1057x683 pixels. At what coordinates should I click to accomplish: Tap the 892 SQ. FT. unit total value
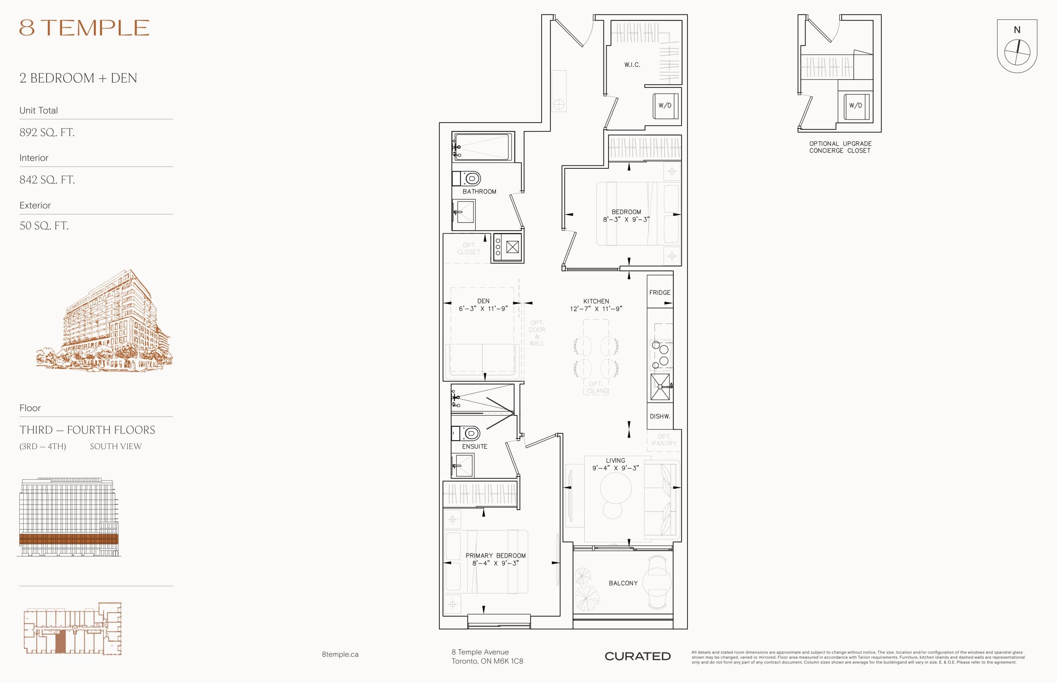click(x=47, y=132)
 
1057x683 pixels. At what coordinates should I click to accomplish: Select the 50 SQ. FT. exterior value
click(x=44, y=226)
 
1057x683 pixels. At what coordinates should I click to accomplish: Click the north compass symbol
click(x=1017, y=52)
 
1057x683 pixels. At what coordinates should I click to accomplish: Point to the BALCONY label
click(x=623, y=583)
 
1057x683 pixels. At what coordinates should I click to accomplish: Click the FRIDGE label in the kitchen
click(x=660, y=293)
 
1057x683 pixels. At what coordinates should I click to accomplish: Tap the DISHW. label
click(x=660, y=417)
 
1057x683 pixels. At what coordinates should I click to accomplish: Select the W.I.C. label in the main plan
click(x=632, y=65)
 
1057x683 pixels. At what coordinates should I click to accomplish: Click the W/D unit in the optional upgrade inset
click(x=856, y=106)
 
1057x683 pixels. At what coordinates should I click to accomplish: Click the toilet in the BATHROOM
click(x=472, y=179)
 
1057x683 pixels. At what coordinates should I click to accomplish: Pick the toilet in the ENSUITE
click(x=471, y=433)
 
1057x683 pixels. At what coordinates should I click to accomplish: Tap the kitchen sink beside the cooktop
click(x=660, y=387)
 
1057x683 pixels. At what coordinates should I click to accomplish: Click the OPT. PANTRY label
click(x=664, y=440)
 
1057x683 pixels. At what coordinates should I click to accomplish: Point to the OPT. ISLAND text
click(x=596, y=387)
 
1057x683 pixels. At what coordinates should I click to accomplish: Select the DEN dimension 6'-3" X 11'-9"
click(x=483, y=309)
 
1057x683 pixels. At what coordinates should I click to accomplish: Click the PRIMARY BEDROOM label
click(x=495, y=556)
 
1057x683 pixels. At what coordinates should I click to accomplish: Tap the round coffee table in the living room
click(x=615, y=488)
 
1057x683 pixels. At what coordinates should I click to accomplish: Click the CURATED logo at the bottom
click(x=638, y=656)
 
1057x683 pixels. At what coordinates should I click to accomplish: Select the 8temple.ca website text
click(x=340, y=654)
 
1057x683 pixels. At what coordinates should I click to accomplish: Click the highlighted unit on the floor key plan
click(x=60, y=641)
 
